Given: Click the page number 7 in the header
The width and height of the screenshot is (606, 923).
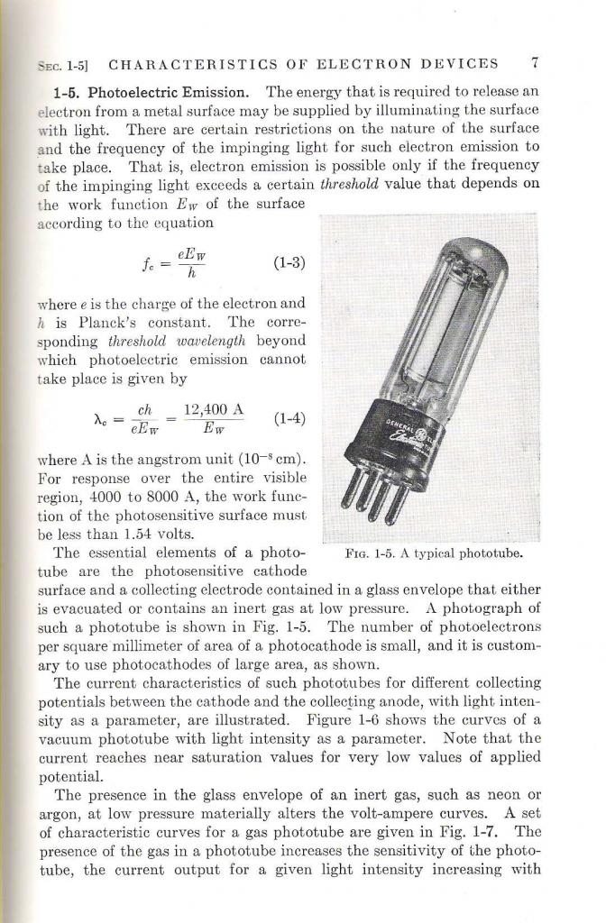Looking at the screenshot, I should (535, 64).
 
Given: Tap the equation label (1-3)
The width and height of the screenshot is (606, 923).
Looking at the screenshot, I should (290, 263).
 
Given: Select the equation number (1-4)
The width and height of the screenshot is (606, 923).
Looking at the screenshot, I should (289, 418).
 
